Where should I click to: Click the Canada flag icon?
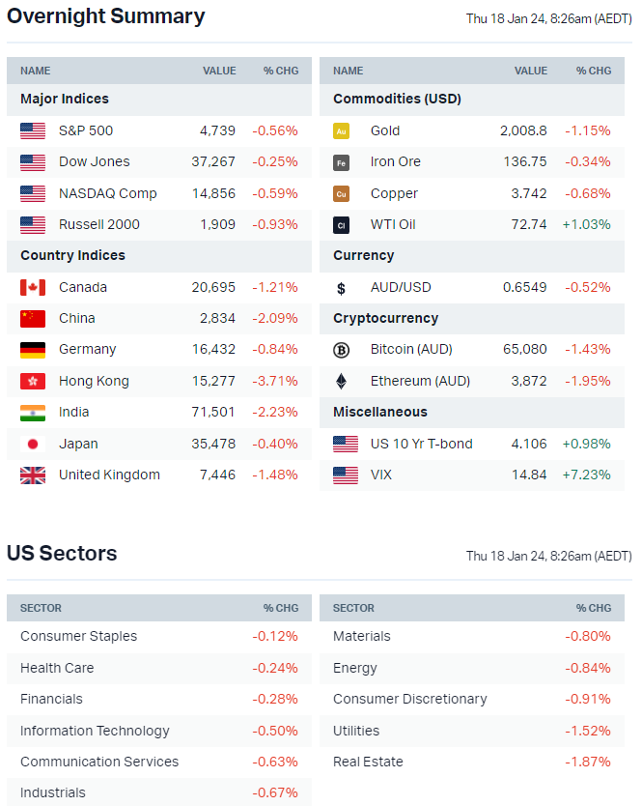pos(33,287)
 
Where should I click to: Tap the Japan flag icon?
pos(33,444)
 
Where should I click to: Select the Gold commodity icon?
pos(341,130)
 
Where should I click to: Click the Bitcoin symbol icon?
pos(341,350)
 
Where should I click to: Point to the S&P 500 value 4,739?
pos(217,130)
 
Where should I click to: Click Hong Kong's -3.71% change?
pos(275,381)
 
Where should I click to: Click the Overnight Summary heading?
pos(106,16)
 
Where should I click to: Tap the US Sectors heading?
pos(62,554)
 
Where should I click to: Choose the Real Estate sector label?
pos(368,762)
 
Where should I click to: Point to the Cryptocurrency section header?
pos(385,318)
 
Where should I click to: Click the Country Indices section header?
pos(73,255)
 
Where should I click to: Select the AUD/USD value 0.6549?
pos(525,287)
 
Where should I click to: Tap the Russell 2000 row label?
pos(98,224)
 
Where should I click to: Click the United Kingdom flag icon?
pos(33,475)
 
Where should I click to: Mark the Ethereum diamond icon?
pos(341,381)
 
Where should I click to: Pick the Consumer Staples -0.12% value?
pos(275,636)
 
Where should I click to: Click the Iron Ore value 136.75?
pos(525,161)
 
